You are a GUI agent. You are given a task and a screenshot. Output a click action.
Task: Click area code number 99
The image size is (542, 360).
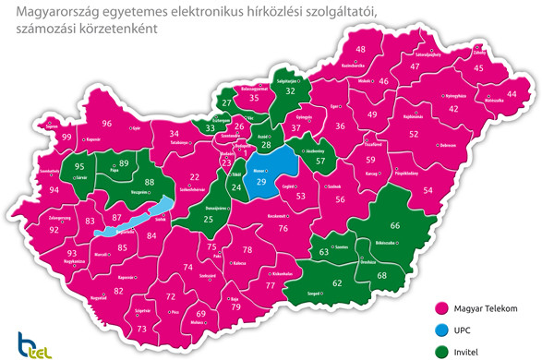coord(66,137)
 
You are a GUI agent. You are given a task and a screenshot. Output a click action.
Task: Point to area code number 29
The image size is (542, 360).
coord(260,183)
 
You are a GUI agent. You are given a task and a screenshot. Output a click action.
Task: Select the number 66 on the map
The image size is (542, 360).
coord(395,226)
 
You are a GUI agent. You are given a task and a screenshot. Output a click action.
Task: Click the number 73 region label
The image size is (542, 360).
coord(141,330)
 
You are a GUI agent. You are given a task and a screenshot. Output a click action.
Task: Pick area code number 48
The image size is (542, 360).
coord(360,49)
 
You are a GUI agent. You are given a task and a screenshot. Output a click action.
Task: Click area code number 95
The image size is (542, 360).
coord(79,167)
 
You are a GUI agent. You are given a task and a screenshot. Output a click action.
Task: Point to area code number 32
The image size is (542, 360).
coord(291,91)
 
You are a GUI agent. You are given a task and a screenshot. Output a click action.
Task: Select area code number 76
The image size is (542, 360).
coord(283,228)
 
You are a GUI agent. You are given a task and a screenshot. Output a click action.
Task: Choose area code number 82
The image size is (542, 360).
coord(118,291)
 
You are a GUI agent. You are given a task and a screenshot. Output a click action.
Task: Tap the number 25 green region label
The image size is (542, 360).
coord(208,220)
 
